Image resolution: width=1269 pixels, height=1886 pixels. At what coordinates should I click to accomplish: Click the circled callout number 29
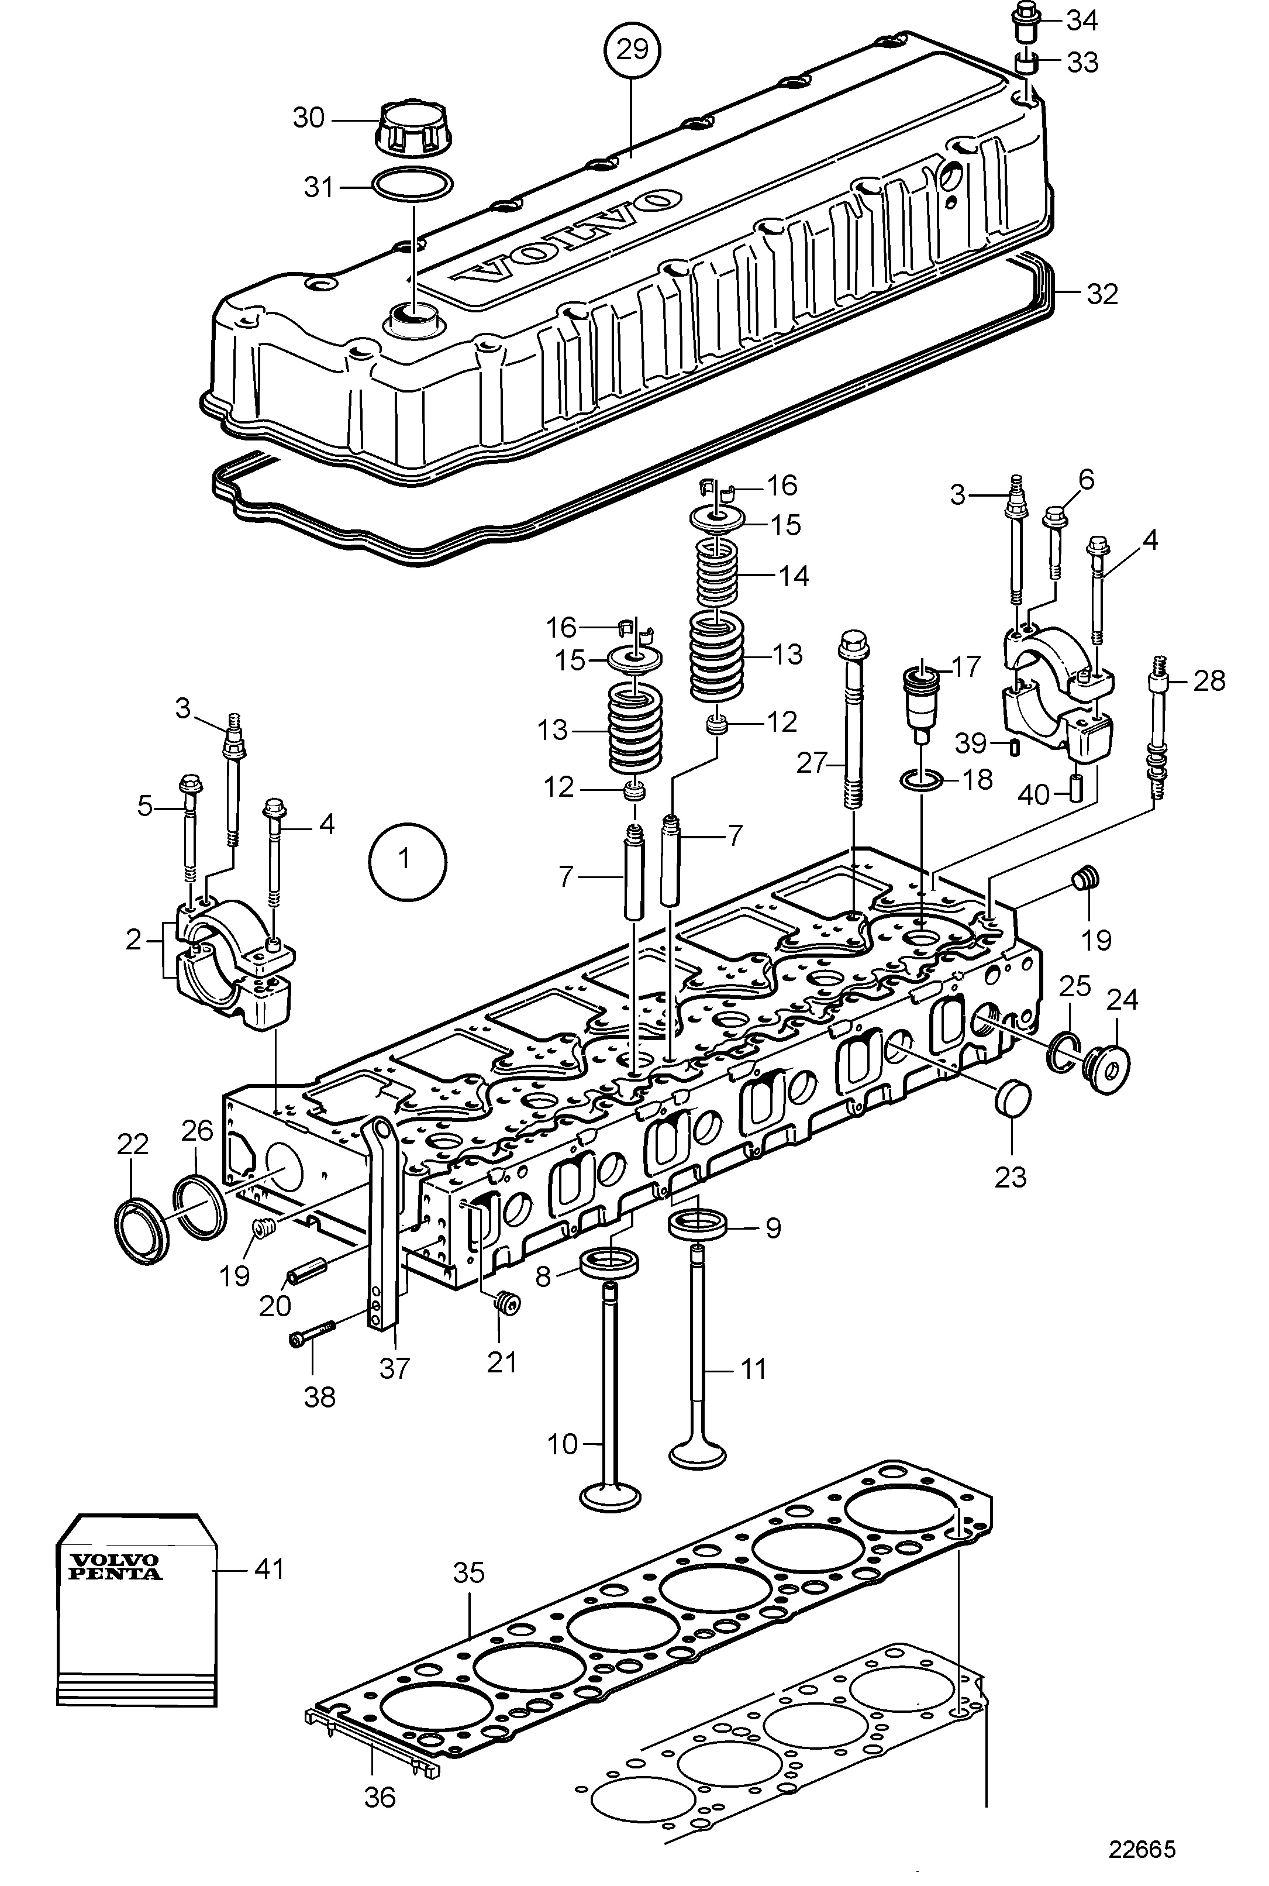[632, 51]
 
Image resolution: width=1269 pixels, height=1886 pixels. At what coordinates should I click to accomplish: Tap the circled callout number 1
[407, 859]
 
